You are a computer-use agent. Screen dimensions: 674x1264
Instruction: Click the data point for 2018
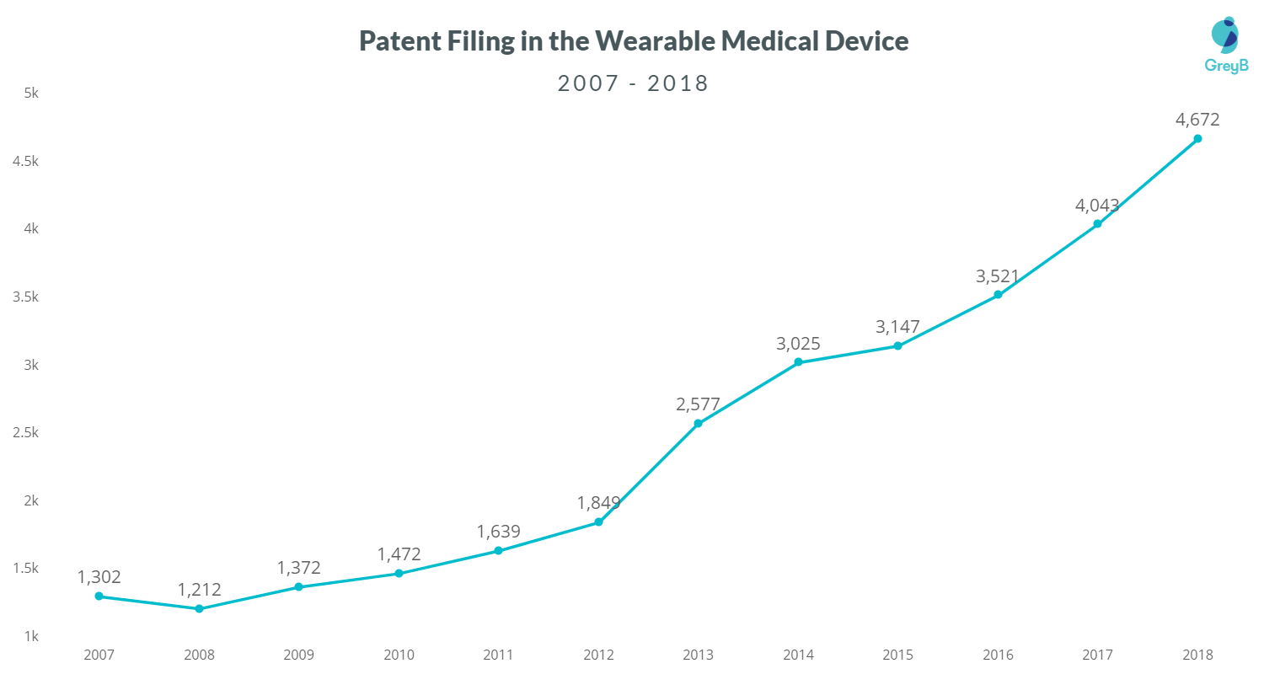[1197, 139]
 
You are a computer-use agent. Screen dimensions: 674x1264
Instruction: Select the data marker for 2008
[199, 608]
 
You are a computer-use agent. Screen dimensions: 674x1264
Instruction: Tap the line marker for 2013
[698, 423]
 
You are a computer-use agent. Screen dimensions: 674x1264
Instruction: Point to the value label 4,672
[1197, 120]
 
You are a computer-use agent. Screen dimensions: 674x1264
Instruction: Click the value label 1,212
[199, 589]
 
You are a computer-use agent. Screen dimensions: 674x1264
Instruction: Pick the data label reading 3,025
[798, 344]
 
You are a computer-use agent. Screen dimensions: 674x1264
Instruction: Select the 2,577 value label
[698, 404]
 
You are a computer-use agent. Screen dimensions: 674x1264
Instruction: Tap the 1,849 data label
[598, 503]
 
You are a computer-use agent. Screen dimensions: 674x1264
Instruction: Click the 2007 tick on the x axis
[99, 654]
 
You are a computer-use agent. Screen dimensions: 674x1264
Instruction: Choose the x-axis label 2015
[897, 654]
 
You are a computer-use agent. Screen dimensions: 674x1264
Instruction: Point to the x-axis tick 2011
[498, 654]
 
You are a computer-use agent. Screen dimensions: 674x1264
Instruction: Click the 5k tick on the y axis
[31, 93]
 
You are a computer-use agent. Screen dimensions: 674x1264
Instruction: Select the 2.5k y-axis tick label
[25, 432]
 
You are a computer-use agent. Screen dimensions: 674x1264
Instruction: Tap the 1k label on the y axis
[31, 636]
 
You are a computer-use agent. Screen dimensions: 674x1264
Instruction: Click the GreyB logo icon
[1225, 34]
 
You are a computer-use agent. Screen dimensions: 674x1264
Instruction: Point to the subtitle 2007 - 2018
[633, 83]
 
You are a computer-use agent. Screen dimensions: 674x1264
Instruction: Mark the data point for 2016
[998, 294]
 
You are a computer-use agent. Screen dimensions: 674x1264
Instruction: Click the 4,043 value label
[1097, 206]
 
